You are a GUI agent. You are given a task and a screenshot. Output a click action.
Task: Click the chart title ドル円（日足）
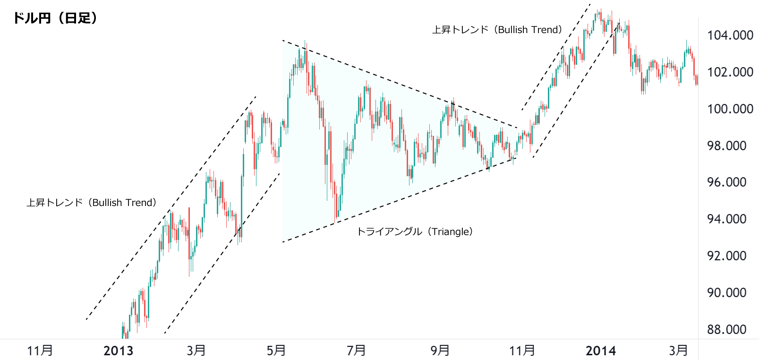55,18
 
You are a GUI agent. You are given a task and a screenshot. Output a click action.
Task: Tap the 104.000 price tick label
730,35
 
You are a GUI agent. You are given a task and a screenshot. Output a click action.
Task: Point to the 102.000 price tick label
730,72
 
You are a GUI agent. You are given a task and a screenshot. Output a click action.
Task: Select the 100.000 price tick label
730,109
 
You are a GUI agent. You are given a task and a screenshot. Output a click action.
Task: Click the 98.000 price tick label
726,146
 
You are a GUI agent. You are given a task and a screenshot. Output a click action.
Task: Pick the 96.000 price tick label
726,182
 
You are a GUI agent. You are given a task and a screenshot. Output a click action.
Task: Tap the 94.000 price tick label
726,219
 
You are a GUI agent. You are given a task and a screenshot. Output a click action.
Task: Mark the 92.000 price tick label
726,256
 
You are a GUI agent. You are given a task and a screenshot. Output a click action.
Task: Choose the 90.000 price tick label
726,293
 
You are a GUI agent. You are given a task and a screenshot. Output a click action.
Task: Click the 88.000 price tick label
726,330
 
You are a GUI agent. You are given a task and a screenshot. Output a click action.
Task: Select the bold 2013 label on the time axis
118,351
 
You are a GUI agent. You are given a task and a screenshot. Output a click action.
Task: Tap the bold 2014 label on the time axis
600,351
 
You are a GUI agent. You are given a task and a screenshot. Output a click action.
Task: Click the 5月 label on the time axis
276,351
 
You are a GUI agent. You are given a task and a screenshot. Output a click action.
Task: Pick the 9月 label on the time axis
440,351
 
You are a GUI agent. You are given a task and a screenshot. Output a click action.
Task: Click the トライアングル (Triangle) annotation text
415,232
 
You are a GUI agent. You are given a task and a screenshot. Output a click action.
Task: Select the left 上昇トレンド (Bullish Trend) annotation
91,203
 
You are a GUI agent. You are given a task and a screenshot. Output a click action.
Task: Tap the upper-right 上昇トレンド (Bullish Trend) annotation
497,30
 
